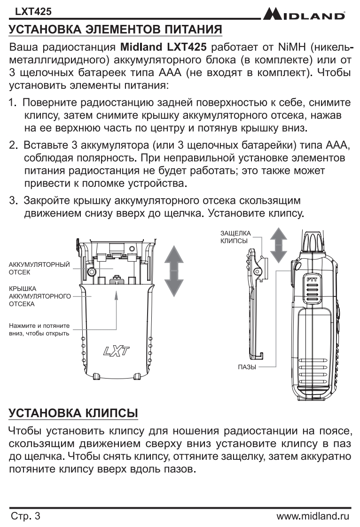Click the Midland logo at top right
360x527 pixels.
(304, 15)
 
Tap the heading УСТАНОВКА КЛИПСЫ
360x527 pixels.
(73, 413)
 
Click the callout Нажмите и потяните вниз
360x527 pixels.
(39, 329)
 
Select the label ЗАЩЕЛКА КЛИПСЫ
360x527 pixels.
(235, 237)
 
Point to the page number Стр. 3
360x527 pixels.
(25, 516)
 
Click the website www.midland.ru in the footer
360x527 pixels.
(313, 516)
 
